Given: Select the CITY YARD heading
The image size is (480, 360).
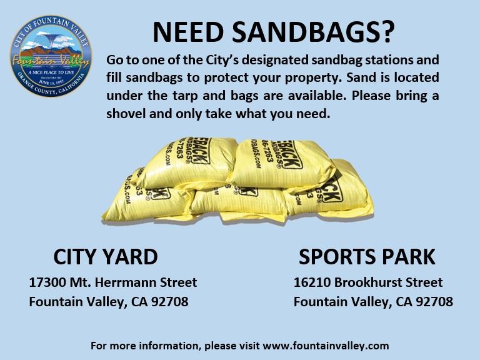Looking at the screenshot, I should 105,256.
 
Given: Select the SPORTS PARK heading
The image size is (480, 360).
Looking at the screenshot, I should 367,256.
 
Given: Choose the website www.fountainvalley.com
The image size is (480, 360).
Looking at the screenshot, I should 326,345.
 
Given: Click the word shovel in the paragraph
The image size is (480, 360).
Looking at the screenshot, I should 126,114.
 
